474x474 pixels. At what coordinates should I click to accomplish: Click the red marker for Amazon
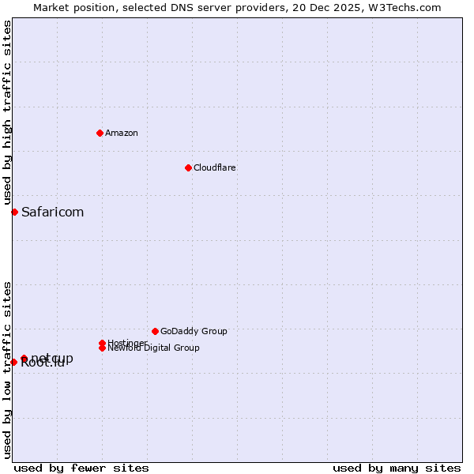coord(100,133)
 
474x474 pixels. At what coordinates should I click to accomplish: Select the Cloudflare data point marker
coord(188,167)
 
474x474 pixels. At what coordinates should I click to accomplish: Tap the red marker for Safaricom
coord(14,212)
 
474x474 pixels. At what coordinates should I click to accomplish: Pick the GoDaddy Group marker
coord(155,331)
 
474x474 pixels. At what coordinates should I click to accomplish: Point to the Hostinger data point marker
coord(103,343)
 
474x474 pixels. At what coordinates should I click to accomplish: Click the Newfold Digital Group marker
coord(103,348)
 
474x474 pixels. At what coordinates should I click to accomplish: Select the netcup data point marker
coord(24,359)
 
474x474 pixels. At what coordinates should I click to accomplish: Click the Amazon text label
coord(122,133)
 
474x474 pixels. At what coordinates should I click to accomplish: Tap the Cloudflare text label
coord(215,167)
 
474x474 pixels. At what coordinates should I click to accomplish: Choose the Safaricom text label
coord(52,212)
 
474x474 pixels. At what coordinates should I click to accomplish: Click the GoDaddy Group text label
coord(194,331)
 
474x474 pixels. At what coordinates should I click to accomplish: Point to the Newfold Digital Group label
coord(153,348)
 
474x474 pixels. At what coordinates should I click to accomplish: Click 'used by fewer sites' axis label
coord(81,468)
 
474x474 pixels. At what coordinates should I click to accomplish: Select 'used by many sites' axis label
coord(397,468)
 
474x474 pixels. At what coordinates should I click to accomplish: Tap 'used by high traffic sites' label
coord(7,112)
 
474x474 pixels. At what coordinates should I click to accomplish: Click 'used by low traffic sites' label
coord(7,369)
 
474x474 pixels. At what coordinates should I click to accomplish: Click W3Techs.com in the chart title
coord(407,7)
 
